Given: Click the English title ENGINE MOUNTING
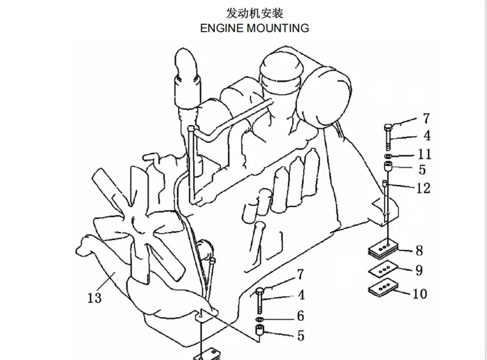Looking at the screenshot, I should [254, 28].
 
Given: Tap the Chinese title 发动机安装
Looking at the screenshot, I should [254, 13].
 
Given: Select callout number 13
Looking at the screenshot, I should [94, 298].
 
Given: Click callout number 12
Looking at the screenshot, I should [423, 187].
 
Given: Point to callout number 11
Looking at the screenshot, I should [425, 154].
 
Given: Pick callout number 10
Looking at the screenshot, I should [419, 293].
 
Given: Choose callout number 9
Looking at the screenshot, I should [419, 271].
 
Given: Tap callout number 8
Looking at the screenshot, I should [419, 250].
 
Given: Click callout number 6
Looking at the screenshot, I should [300, 316].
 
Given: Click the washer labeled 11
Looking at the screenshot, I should [388, 157].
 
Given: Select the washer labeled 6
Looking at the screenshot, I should [259, 321].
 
